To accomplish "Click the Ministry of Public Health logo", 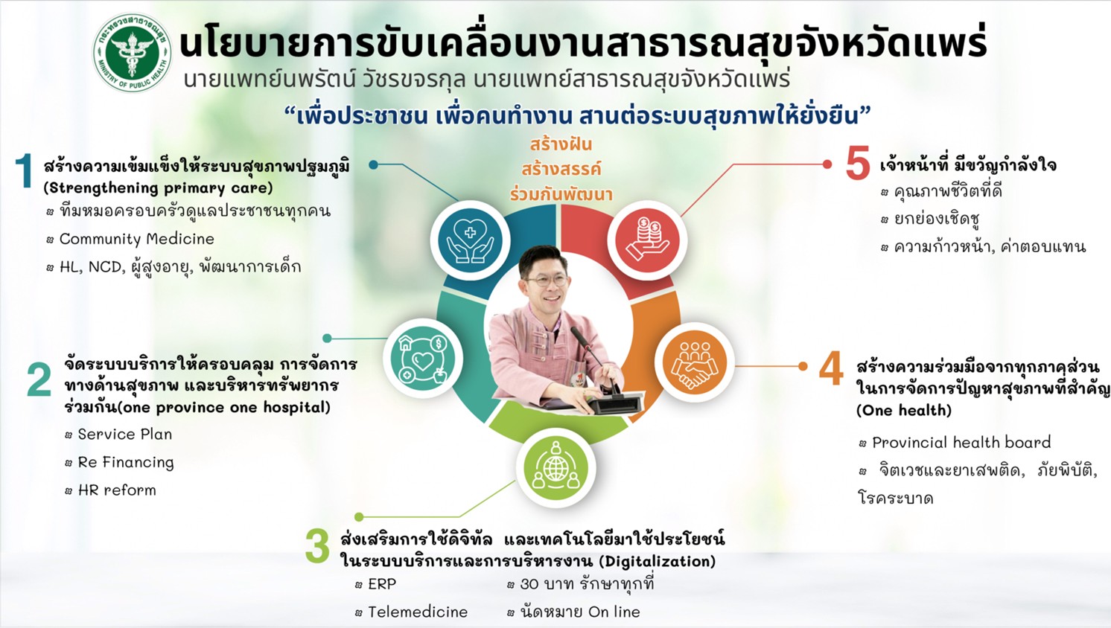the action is click(x=133, y=53).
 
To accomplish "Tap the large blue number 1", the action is click(x=23, y=171).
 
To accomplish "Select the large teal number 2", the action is click(x=39, y=379).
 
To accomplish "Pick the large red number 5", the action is click(x=858, y=162).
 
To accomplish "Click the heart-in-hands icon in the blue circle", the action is click(x=470, y=240).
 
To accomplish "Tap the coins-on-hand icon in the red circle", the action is click(x=647, y=240).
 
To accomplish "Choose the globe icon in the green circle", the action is click(x=555, y=468).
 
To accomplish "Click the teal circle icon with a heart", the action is click(x=423, y=359).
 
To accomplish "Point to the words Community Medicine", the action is click(x=137, y=239).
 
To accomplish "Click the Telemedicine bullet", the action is click(x=418, y=612).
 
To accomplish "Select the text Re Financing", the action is click(x=126, y=463).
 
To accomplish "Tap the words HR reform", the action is click(x=117, y=490).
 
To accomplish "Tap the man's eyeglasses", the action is click(x=546, y=281).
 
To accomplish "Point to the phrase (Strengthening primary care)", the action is click(x=158, y=188).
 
